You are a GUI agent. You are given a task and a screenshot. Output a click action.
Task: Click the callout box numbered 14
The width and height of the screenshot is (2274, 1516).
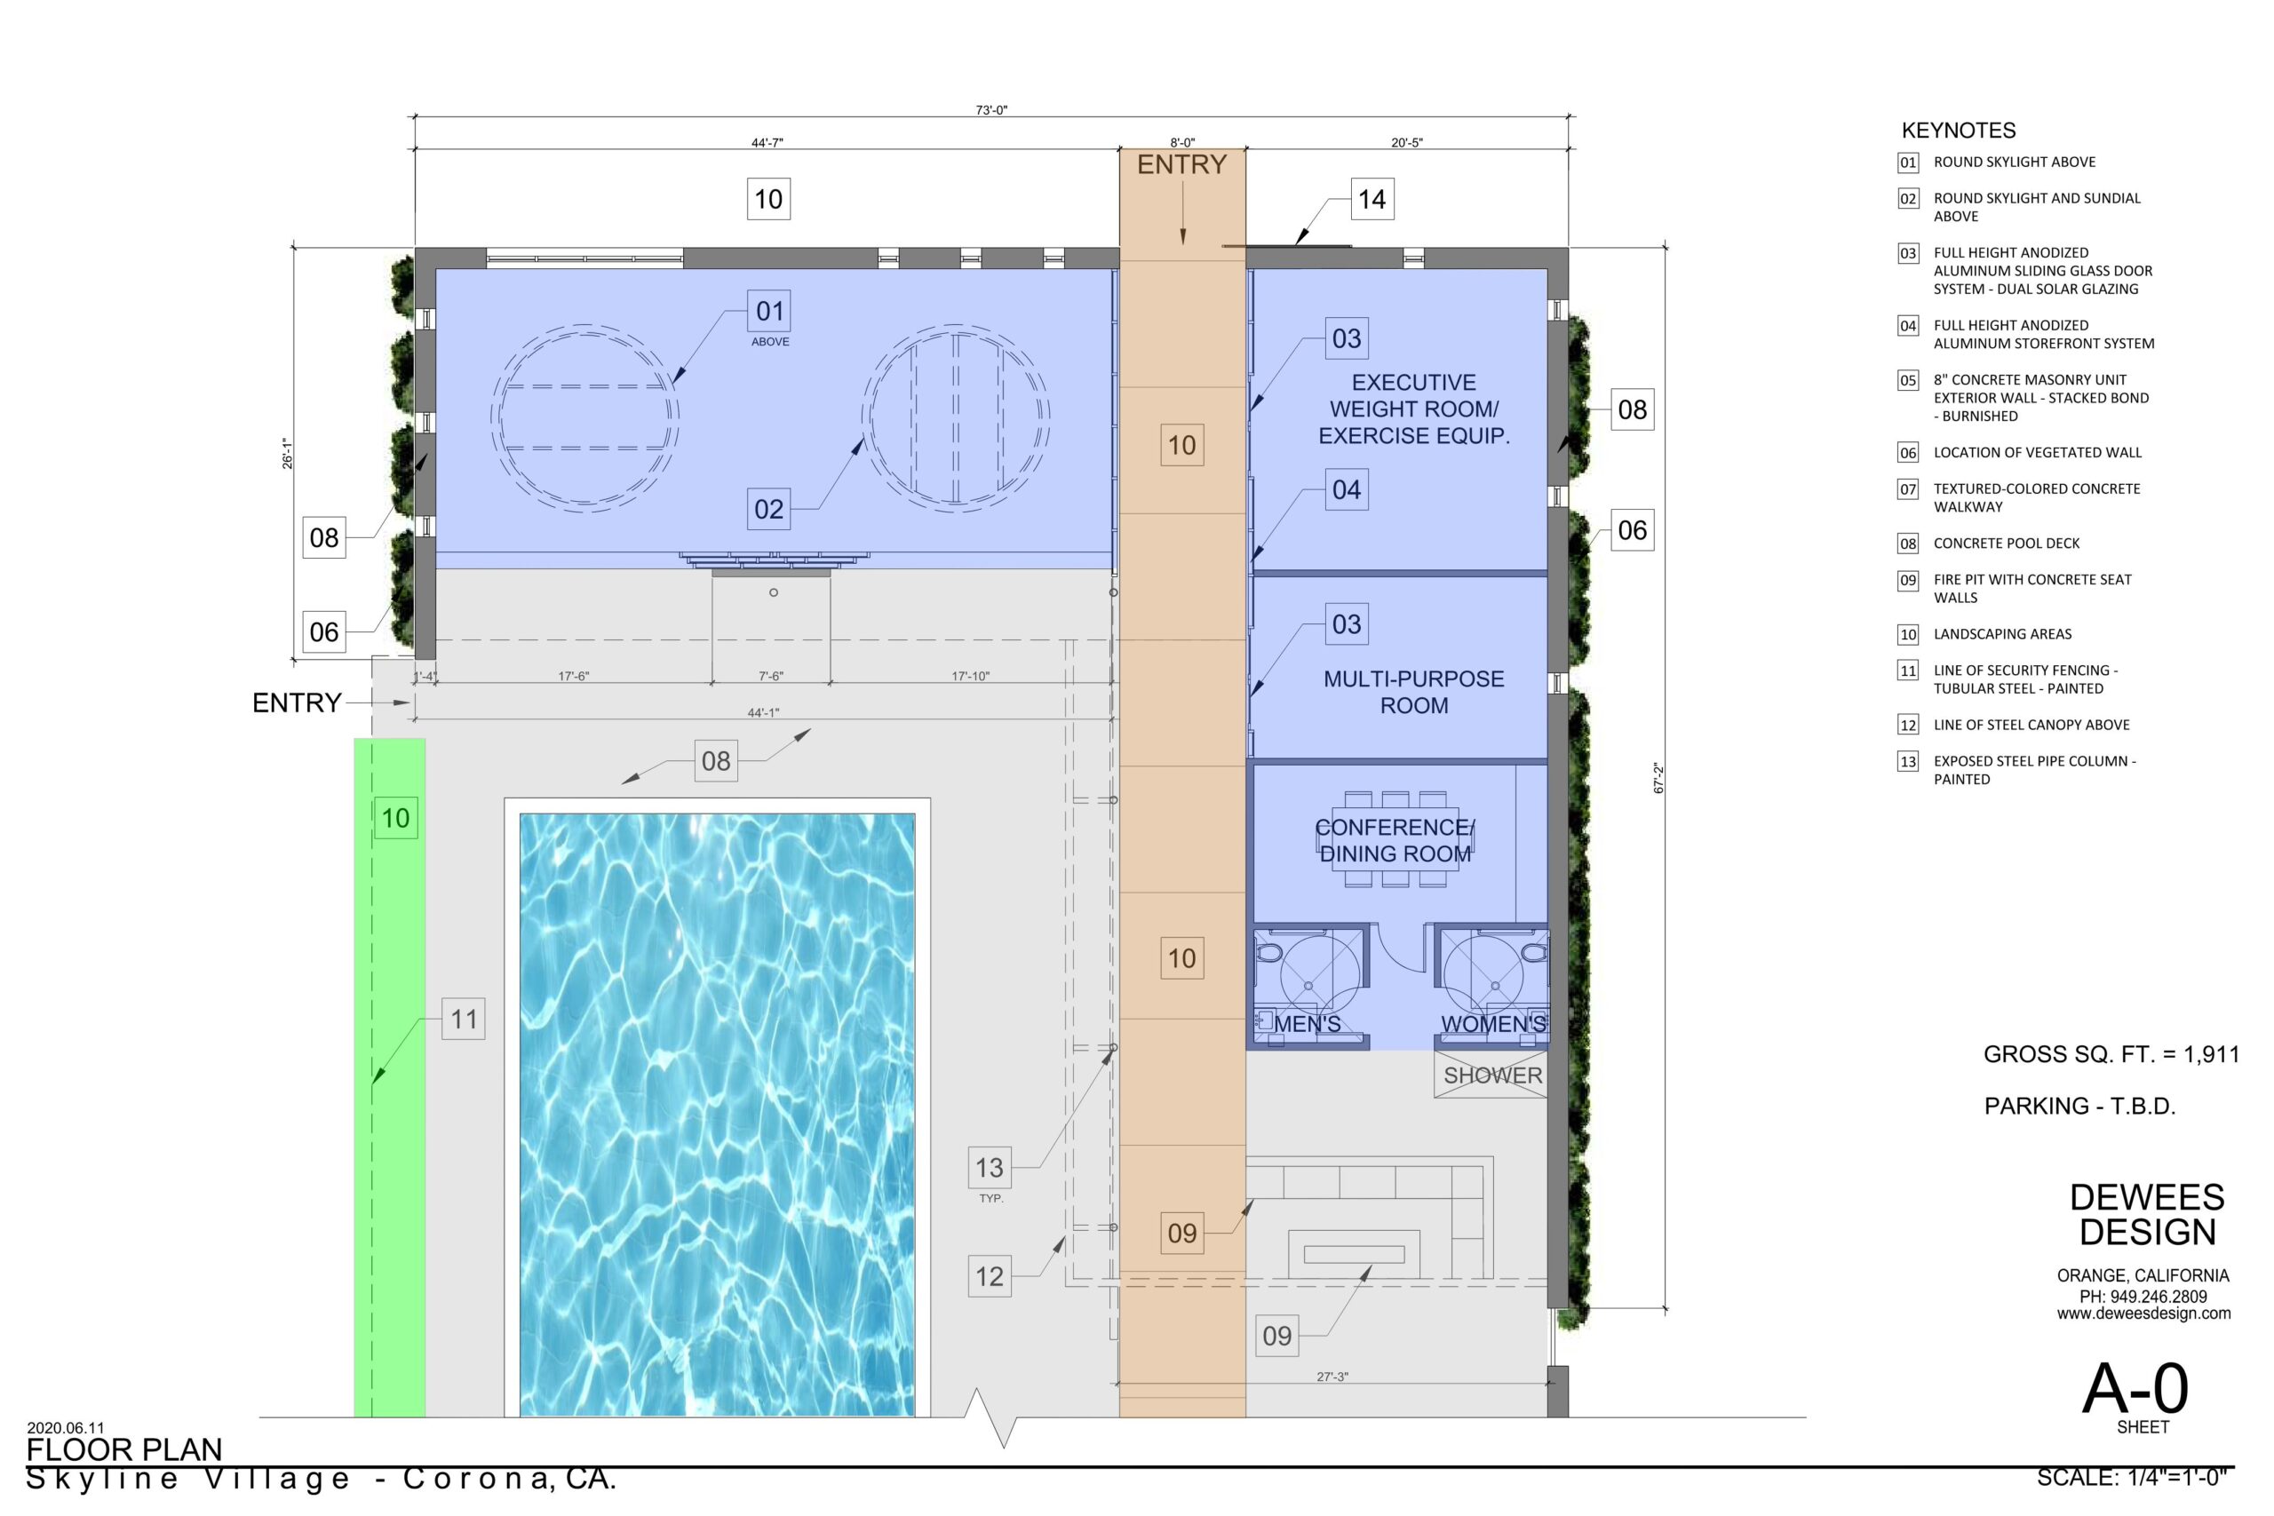pos(1372,199)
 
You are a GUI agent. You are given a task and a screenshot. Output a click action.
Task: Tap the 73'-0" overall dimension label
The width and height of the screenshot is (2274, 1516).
pos(991,110)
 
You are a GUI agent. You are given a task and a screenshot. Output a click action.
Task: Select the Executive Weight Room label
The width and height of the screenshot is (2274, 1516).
pos(1413,409)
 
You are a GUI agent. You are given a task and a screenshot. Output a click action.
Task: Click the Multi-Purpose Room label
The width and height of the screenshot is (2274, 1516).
pos(1413,692)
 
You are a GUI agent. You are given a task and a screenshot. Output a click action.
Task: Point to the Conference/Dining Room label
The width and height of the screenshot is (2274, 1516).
pos(1395,840)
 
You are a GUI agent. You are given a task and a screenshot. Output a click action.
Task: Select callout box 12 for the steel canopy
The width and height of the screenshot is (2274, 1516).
pos(989,1276)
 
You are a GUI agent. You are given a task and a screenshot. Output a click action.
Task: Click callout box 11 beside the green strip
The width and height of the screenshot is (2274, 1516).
pos(463,1019)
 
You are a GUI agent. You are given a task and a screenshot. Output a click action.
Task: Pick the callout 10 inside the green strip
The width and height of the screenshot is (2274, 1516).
pos(395,818)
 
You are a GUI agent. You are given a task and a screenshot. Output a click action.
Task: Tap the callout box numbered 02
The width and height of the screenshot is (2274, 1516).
pos(768,509)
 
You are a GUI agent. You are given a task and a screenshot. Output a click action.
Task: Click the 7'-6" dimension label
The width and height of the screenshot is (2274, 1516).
pos(770,677)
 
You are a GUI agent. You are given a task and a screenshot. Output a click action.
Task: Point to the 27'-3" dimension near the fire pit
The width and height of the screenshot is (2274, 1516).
pos(1332,1377)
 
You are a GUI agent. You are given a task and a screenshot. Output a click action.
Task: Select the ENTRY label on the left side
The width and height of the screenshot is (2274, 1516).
pos(297,702)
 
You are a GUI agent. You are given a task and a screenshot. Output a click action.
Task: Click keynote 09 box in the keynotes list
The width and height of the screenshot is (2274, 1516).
pos(1907,580)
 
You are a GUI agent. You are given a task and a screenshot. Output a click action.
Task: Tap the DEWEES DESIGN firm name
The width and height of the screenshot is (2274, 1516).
pos(2147,1215)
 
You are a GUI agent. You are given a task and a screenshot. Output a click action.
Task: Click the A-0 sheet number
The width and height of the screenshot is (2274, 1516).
pos(2135,1389)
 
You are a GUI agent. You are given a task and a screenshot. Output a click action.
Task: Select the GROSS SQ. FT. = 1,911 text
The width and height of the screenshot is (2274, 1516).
pos(2111,1055)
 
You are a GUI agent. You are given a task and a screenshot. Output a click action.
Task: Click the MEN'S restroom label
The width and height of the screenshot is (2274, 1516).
pos(1308,1024)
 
